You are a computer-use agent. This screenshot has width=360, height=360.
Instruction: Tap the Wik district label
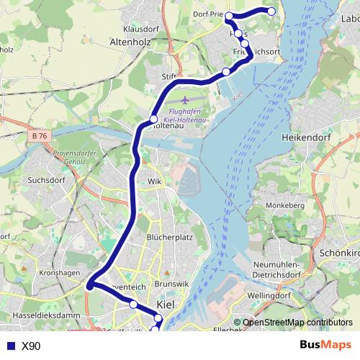(155, 181)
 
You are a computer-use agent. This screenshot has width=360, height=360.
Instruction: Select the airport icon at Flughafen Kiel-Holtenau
(188, 100)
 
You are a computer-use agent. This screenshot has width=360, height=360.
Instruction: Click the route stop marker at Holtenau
(153, 119)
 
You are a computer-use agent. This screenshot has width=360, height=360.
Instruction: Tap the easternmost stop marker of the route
(271, 11)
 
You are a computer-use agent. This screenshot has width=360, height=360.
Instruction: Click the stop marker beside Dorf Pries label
(229, 15)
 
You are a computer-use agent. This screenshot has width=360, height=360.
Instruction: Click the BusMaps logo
(326, 345)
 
